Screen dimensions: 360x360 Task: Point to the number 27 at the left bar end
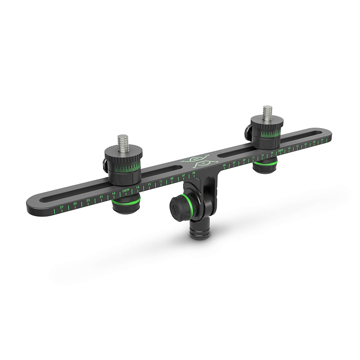pos(62,207)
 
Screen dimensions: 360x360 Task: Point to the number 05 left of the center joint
pos(194,172)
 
